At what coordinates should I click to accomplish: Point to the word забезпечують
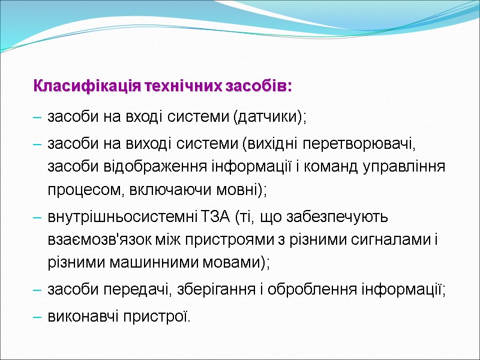pos(335,217)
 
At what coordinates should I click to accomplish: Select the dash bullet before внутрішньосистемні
pos(37,217)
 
